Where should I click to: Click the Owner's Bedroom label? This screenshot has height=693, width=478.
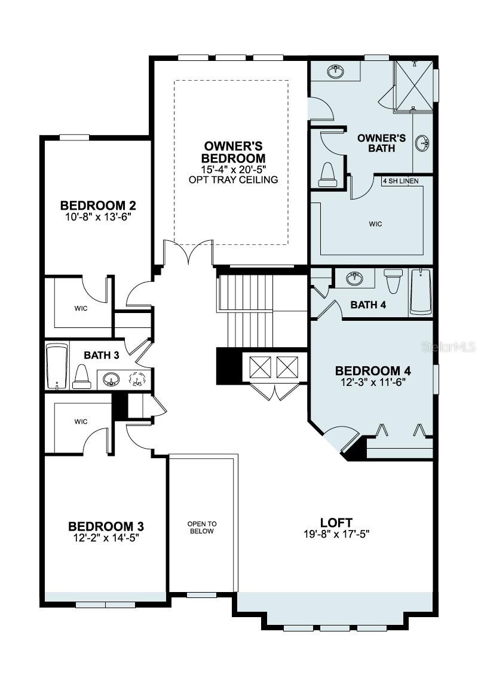233,152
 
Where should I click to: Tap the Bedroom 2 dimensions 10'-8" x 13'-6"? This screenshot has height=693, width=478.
98,217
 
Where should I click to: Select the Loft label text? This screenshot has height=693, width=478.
336,522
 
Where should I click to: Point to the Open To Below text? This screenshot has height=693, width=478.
201,527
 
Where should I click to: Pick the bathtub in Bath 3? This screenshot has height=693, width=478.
57,366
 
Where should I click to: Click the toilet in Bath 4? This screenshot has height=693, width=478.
393,281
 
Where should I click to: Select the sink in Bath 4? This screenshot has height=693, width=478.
355,277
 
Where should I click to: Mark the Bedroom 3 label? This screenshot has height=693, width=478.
106,526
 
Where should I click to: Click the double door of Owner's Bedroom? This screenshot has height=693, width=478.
188,252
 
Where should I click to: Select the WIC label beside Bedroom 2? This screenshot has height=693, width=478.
81,309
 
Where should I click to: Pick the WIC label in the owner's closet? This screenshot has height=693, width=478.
375,224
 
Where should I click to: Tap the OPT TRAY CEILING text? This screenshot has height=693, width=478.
233,180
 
